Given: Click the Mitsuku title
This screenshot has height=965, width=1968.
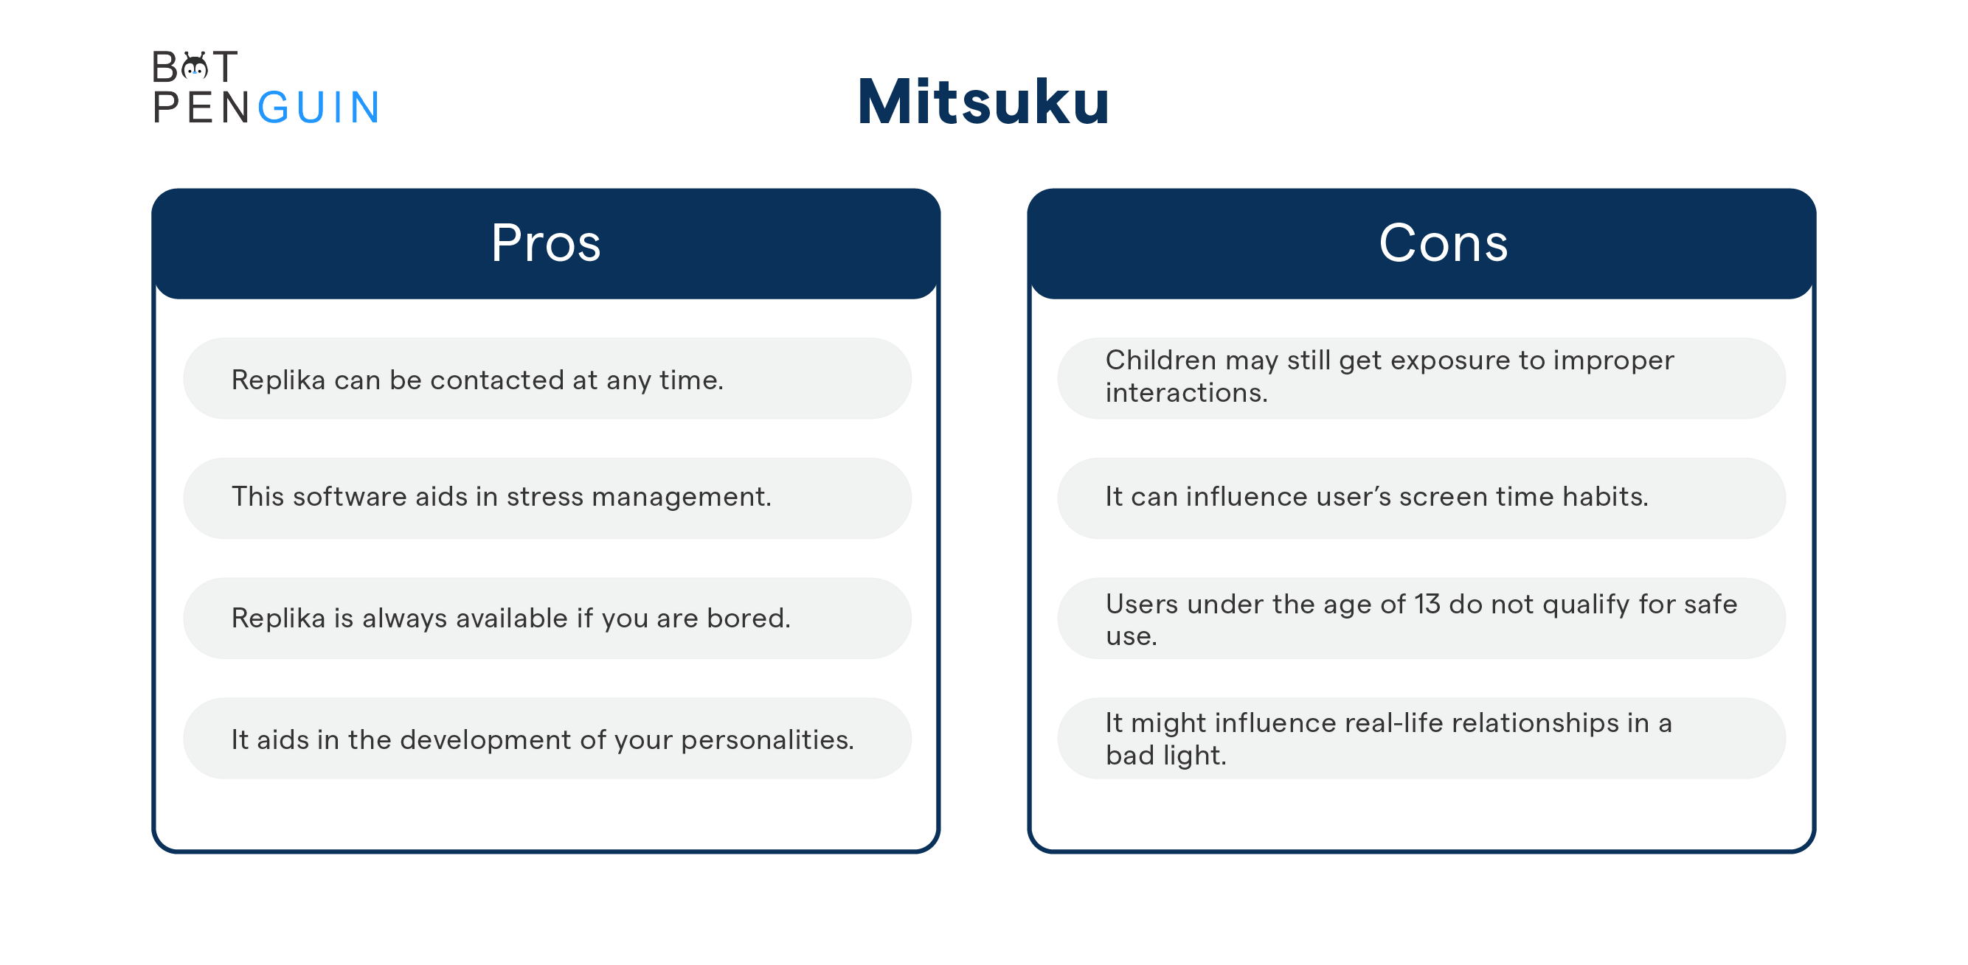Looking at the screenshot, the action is pyautogui.click(x=983, y=102).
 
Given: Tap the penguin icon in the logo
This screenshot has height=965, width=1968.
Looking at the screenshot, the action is pyautogui.click(x=195, y=67).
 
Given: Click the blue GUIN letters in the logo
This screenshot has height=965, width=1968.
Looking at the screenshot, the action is pyautogui.click(x=319, y=107).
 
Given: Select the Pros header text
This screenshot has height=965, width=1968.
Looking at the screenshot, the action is pyautogui.click(x=546, y=243).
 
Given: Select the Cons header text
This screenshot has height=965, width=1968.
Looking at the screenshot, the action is pyautogui.click(x=1443, y=243).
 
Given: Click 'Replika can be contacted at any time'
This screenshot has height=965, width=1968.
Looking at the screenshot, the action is pyautogui.click(x=477, y=380).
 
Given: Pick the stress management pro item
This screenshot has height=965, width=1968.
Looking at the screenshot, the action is pyautogui.click(x=501, y=497).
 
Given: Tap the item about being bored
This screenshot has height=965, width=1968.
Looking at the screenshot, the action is pyautogui.click(x=510, y=618).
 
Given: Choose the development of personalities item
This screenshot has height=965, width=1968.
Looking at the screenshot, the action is pyautogui.click(x=542, y=739).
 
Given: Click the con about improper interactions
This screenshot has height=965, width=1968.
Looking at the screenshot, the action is pyautogui.click(x=1390, y=377).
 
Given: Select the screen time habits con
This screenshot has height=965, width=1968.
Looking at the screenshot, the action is pyautogui.click(x=1376, y=497).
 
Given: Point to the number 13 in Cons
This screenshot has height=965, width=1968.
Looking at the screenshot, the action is pyautogui.click(x=1427, y=604).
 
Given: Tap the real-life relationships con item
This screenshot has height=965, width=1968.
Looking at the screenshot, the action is pyautogui.click(x=1389, y=738).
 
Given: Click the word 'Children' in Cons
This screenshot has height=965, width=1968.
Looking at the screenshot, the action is pyautogui.click(x=1160, y=360).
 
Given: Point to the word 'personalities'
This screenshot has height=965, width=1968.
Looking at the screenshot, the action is pyautogui.click(x=767, y=739).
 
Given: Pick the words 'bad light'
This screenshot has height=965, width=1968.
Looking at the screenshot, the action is pyautogui.click(x=1165, y=755).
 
